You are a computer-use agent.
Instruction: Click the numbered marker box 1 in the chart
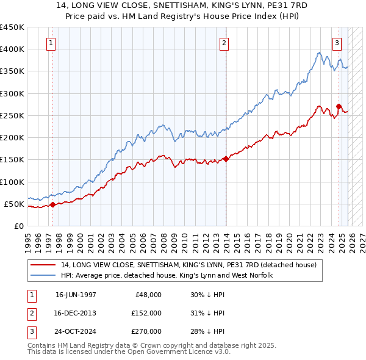[51, 43]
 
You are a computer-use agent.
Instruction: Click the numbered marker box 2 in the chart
[224, 43]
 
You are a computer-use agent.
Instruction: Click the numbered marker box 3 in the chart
[337, 43]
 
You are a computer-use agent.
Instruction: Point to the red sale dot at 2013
[226, 159]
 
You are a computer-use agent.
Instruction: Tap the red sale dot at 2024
[339, 107]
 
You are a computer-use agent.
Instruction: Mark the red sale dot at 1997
[52, 204]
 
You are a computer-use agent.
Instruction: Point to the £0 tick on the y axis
[19, 226]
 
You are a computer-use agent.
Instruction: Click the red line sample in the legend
[42, 265]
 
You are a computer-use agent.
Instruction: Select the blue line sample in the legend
[42, 276]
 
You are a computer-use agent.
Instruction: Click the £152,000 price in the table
[146, 312]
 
